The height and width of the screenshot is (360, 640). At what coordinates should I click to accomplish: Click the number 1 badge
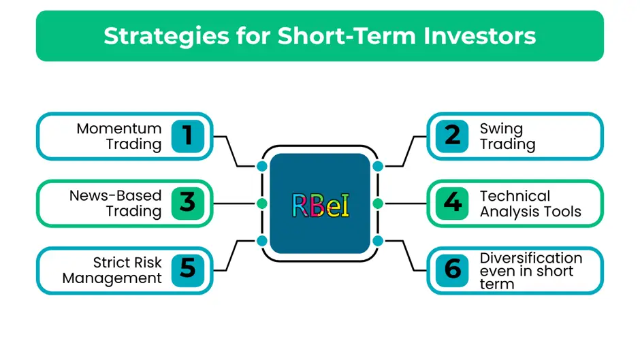coord(188,136)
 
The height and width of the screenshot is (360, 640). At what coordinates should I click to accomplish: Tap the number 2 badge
coord(452,136)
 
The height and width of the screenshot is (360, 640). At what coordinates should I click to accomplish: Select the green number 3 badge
coord(188,203)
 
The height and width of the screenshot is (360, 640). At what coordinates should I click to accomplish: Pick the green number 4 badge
coord(452,203)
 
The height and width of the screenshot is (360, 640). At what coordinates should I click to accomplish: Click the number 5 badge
coord(188,270)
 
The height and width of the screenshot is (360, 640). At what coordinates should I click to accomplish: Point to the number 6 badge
coord(452,270)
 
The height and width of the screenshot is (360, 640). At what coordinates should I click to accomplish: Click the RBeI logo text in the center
coord(321,206)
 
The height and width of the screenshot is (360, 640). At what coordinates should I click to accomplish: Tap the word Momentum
coord(118,129)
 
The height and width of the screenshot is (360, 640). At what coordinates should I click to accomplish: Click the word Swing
coord(501,129)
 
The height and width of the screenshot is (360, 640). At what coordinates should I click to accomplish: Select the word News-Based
coord(116,195)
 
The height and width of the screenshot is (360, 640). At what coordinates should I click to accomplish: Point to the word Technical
coord(515,196)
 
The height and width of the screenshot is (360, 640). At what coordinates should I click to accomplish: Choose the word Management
coord(112,278)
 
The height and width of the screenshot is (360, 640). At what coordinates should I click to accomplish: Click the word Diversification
coord(531,258)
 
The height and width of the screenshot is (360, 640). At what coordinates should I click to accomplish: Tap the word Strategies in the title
coord(167,36)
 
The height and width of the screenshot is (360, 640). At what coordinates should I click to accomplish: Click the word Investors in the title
coord(479,36)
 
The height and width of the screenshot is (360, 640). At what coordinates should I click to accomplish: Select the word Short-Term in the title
coord(347,36)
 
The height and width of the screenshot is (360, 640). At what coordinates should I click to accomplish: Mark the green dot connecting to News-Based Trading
coord(262,203)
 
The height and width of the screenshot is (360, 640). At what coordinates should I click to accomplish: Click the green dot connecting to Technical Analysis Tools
coord(378,203)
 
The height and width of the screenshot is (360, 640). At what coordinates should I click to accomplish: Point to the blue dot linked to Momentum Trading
coord(262,166)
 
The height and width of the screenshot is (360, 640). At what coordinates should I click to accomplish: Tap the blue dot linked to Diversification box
coord(378,241)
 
